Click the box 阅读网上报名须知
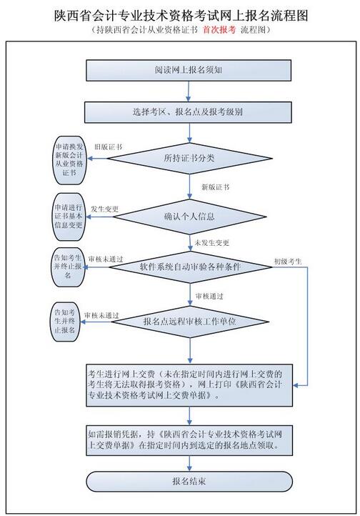(189, 70)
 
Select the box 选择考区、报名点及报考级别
(188, 112)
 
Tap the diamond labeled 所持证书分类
(190, 158)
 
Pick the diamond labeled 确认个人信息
(189, 217)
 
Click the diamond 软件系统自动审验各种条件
(190, 267)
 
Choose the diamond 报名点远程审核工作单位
(190, 322)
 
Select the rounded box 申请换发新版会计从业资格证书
(69, 160)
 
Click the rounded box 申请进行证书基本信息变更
(69, 217)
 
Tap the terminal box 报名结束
(189, 482)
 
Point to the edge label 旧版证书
(108, 147)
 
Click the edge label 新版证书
(215, 187)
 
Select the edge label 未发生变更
(211, 243)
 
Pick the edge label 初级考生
(288, 262)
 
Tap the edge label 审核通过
(209, 297)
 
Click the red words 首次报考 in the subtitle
(219, 30)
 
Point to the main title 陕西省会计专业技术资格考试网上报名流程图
(181, 16)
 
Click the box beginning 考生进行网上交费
(189, 385)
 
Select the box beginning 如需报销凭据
(189, 441)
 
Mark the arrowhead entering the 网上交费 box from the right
(295, 385)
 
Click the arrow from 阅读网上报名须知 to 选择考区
(189, 91)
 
